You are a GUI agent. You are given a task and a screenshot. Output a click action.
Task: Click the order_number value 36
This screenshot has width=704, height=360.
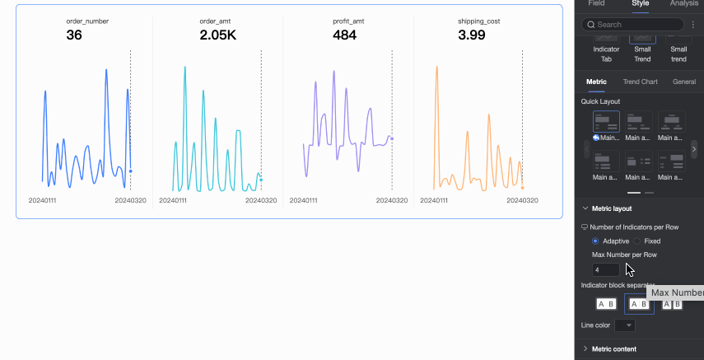point(74,35)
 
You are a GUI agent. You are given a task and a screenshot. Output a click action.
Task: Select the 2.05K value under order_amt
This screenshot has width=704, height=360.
point(217,35)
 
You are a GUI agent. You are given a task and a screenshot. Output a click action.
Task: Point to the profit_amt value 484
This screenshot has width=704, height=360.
point(344,35)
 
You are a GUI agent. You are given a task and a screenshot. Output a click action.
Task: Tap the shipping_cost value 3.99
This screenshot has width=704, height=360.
point(478,35)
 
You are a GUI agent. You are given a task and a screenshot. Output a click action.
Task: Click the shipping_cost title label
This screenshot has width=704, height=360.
point(478,21)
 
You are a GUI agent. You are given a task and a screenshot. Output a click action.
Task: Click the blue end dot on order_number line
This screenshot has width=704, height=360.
point(131,171)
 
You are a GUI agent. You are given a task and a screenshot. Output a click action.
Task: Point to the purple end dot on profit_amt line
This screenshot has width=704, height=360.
point(392,138)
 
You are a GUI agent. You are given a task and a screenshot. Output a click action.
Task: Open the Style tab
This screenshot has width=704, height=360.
point(640,4)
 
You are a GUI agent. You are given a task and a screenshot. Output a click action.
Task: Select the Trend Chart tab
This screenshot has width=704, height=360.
point(640,82)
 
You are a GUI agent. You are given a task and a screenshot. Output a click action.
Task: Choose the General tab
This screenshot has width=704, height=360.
point(683,82)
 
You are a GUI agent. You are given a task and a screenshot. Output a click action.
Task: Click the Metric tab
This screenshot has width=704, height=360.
point(596,82)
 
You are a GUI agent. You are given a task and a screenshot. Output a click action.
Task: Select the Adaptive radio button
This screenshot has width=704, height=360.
point(595,241)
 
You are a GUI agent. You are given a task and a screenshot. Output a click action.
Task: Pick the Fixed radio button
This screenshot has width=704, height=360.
point(637,241)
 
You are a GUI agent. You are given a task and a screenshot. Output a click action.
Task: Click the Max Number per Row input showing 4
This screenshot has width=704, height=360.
point(605,269)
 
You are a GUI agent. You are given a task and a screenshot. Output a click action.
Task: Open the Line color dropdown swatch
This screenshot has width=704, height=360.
point(626,325)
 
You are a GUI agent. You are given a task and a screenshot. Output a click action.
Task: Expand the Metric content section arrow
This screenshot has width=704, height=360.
point(585,348)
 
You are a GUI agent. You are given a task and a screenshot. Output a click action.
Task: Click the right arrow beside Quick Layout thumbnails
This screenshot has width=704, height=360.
point(694,148)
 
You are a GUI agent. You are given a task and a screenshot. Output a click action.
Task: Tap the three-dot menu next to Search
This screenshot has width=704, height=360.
point(692,25)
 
